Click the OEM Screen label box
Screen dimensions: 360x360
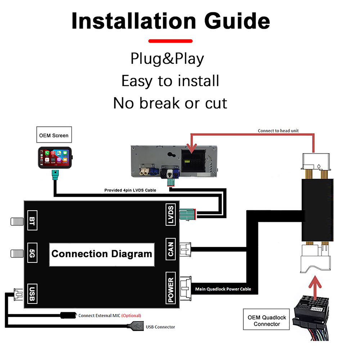click(x=53, y=136)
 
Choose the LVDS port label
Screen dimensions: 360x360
click(x=171, y=215)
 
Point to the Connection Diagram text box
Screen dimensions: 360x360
click(x=102, y=254)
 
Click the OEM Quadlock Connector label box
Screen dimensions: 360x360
click(x=267, y=320)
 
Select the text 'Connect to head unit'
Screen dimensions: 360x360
click(x=278, y=131)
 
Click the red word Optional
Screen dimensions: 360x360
click(x=131, y=316)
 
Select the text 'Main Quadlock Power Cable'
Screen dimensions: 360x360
click(x=223, y=289)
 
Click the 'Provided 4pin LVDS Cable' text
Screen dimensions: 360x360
click(x=130, y=190)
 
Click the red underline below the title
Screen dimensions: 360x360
click(x=171, y=41)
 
